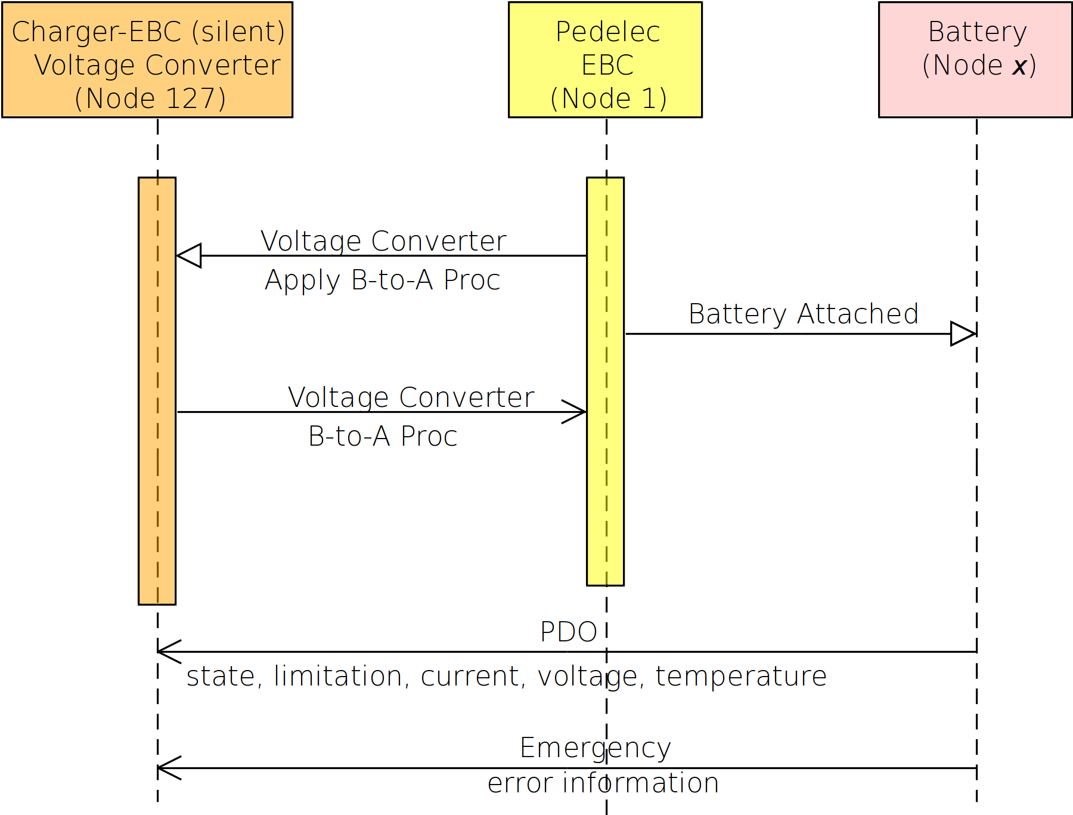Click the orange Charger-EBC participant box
coord(147,60)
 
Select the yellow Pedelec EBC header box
coord(605,60)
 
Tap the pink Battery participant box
coord(975,60)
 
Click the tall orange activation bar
coord(157,391)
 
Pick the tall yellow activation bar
coord(605,381)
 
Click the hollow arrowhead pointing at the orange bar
coord(189,255)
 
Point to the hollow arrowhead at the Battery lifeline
coord(963,334)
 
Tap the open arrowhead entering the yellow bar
coord(574,412)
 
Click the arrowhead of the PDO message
coord(169,652)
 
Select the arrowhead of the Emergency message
coord(169,768)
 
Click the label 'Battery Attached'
coord(804,314)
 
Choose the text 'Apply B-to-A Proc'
coord(382,280)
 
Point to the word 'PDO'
coord(568,632)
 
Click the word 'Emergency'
coord(595,748)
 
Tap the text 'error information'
coord(603,783)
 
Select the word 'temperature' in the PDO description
coord(741,676)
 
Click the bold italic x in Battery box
coord(1019,66)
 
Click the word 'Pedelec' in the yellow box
coord(607,32)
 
